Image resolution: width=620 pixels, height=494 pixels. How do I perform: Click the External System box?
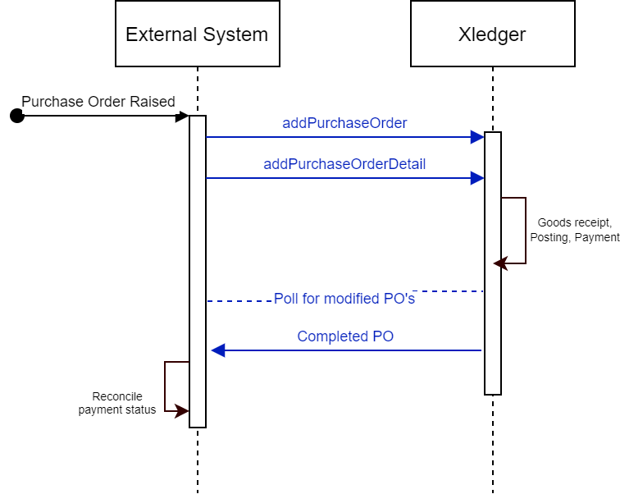click(x=197, y=34)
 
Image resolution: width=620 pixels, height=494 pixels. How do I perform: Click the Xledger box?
click(x=492, y=34)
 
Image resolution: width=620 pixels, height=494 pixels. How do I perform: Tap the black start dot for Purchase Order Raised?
click(x=16, y=117)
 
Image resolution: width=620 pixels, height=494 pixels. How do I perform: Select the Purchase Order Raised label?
click(x=98, y=102)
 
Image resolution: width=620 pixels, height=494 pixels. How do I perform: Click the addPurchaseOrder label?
click(x=344, y=123)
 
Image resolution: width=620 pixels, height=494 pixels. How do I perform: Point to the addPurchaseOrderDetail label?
click(x=344, y=164)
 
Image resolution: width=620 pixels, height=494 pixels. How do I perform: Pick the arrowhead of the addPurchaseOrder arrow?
click(x=477, y=137)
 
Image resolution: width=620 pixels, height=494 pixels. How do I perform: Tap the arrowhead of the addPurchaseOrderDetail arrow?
click(x=477, y=178)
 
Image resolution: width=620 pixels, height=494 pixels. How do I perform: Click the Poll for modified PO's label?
click(x=344, y=299)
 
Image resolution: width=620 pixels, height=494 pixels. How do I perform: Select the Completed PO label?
click(x=345, y=336)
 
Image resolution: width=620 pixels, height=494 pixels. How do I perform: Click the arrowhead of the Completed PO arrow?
click(x=217, y=350)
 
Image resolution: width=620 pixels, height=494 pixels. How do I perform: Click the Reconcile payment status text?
click(x=116, y=403)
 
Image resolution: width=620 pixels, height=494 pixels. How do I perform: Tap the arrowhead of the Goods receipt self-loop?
click(x=499, y=263)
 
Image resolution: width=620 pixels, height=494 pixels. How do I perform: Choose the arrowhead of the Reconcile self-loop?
click(x=182, y=411)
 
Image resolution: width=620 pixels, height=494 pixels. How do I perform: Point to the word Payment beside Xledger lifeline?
click(x=596, y=237)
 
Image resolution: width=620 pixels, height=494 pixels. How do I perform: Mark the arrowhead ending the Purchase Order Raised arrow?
click(x=183, y=117)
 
